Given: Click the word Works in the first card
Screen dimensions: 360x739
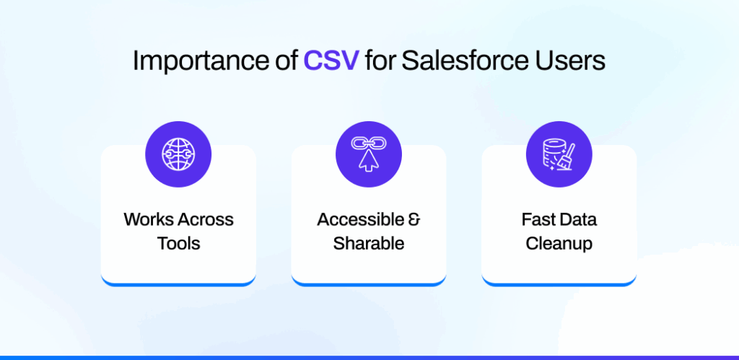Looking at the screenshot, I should [x=147, y=219].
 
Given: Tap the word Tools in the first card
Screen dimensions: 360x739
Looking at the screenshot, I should [x=178, y=243].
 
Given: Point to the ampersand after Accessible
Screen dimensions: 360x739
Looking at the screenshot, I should [x=413, y=219].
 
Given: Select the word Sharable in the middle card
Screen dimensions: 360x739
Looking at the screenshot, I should [x=368, y=243].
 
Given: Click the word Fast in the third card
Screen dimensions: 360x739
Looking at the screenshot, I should [x=537, y=219].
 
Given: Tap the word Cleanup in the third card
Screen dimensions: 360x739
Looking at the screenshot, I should [x=559, y=243].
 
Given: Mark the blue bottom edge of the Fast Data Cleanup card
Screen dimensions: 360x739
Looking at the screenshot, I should [x=559, y=282].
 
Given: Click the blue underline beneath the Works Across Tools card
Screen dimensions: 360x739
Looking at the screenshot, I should [x=178, y=282].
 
